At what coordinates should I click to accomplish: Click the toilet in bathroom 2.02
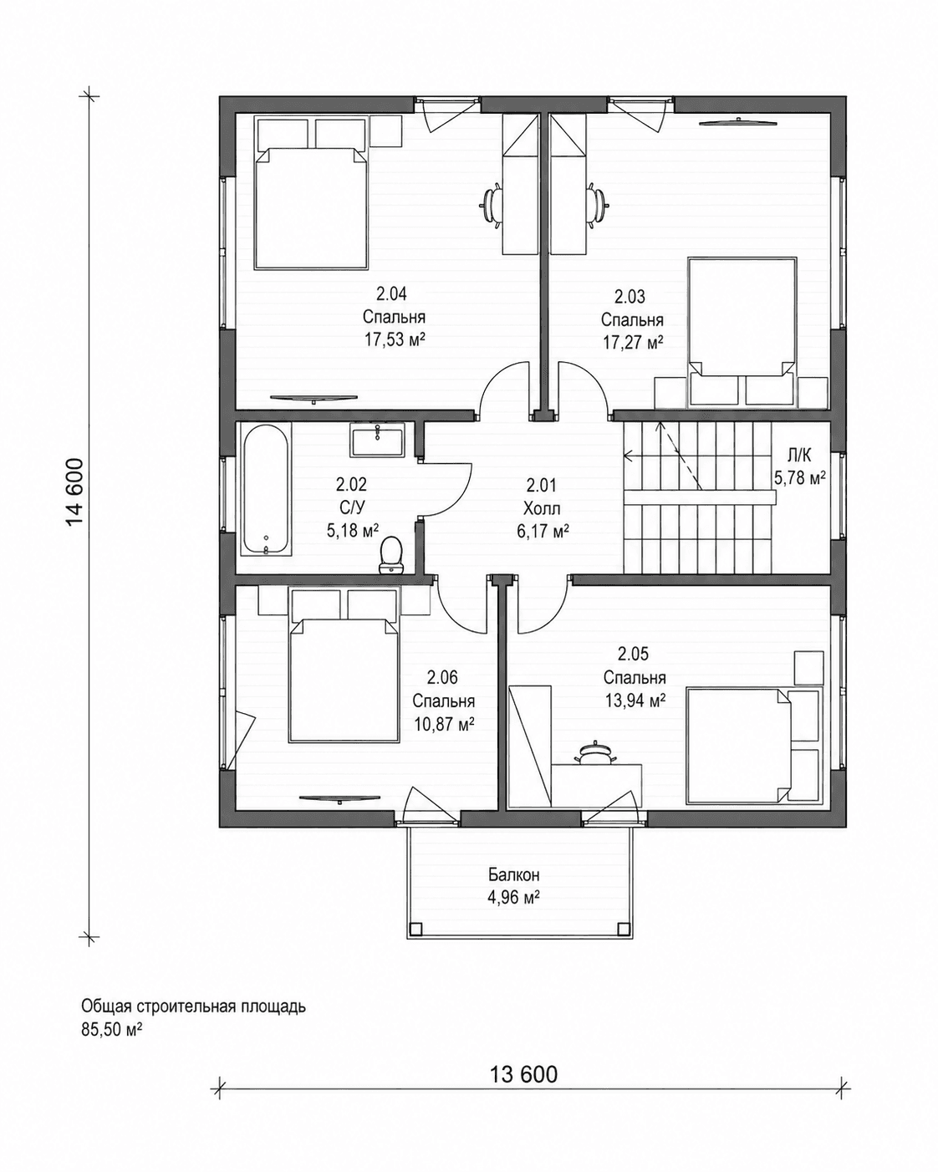point(390,554)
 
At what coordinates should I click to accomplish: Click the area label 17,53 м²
point(395,340)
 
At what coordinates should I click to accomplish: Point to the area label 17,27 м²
point(632,342)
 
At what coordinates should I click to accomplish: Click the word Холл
point(541,508)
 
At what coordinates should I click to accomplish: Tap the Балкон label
point(513,875)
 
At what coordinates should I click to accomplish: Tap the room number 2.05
point(634,654)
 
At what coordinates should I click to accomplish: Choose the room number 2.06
point(442,677)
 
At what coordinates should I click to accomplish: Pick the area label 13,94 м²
point(635,701)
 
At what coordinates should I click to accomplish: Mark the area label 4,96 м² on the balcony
point(513,896)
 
